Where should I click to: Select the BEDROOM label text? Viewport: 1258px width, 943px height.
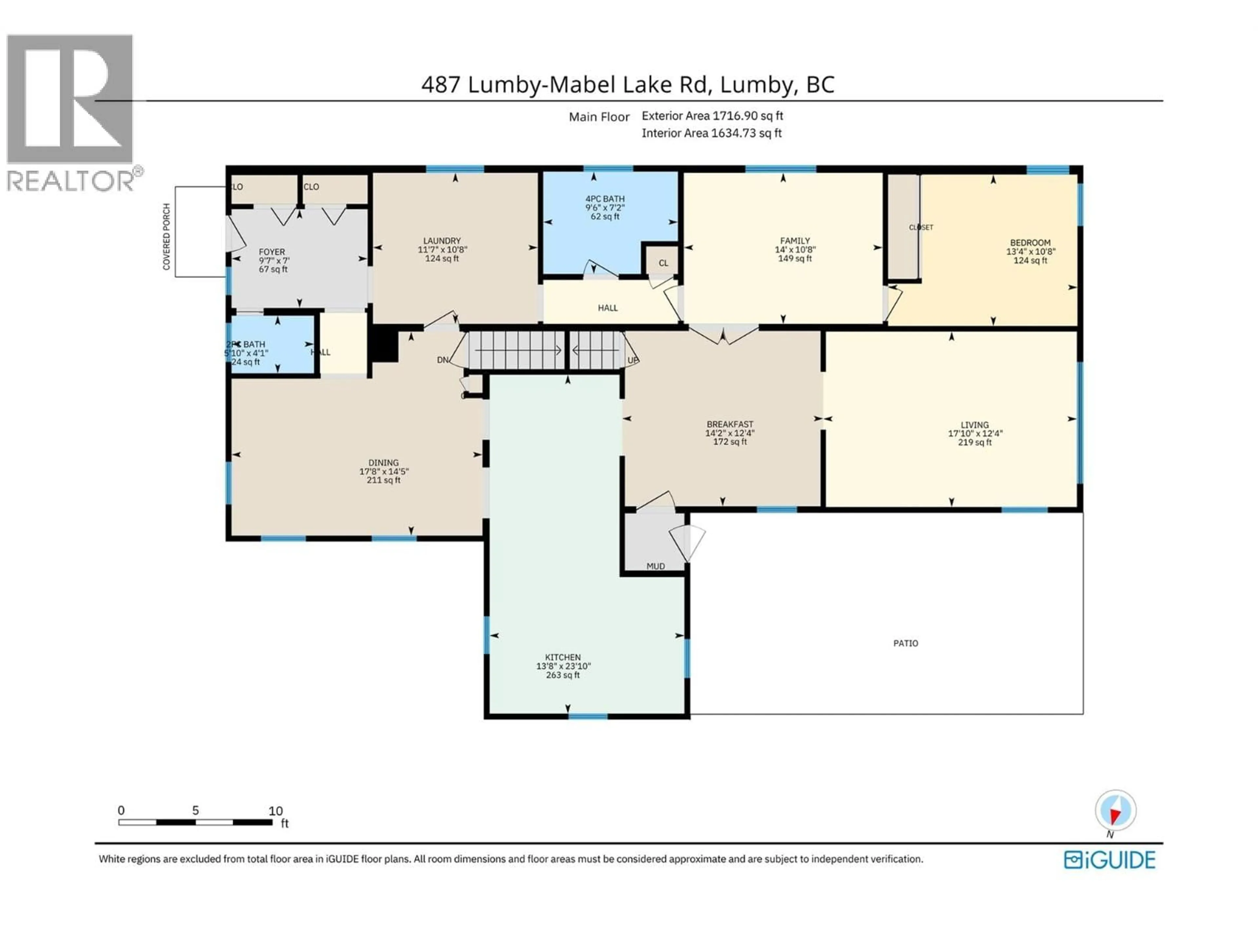[1030, 243]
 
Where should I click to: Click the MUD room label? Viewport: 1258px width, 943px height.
[655, 566]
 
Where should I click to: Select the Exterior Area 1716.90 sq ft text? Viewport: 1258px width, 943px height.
[712, 116]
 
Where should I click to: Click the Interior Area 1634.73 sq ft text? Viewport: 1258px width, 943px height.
[712, 133]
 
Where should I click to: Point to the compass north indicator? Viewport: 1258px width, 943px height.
[1115, 811]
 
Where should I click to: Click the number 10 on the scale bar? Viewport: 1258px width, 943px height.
[275, 811]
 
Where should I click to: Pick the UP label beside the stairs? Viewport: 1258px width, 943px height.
[632, 361]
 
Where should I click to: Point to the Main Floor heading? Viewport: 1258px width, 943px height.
[599, 117]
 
